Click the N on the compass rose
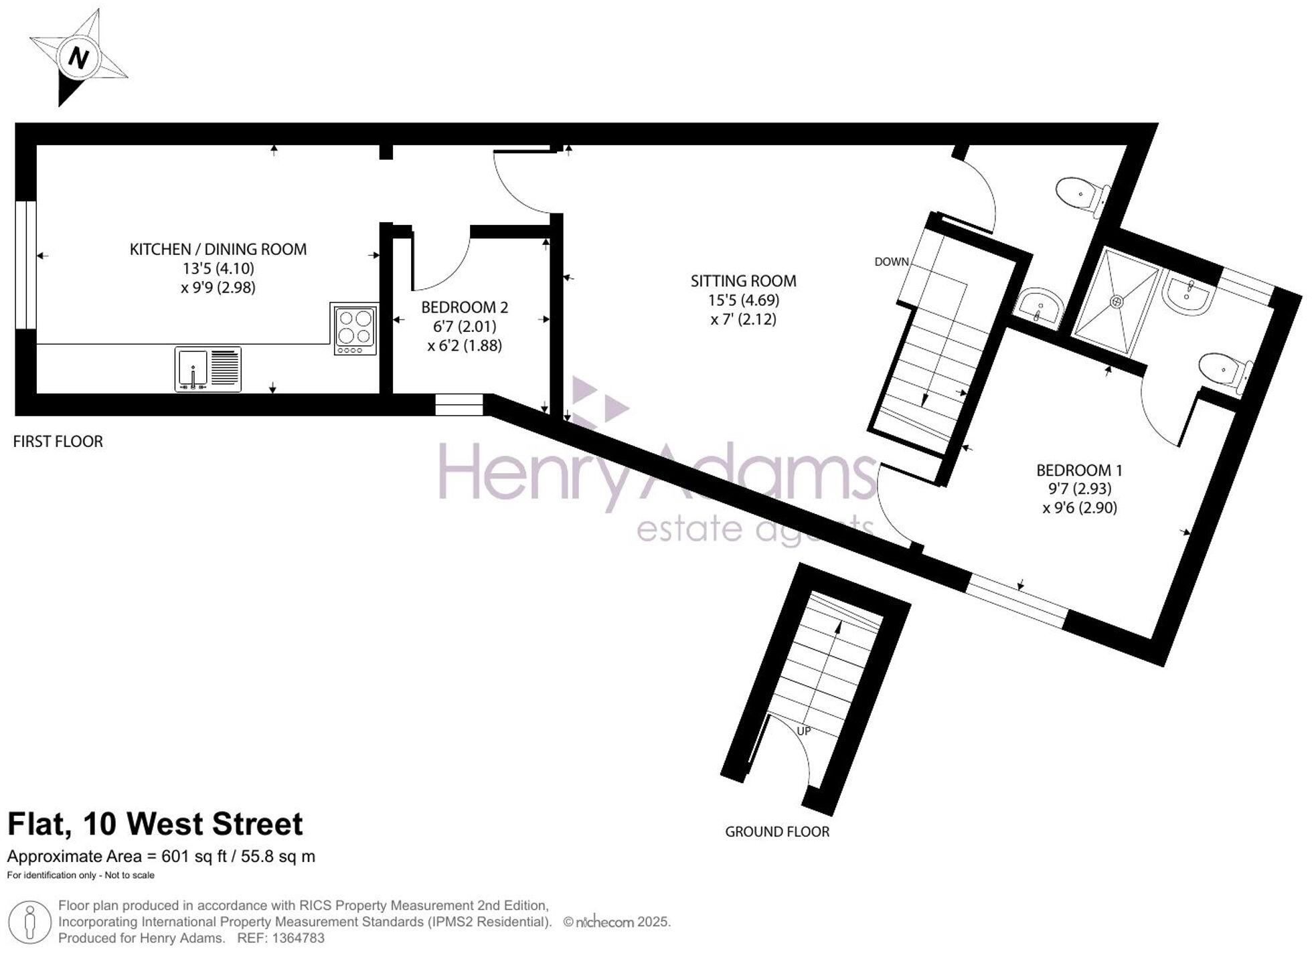[79, 58]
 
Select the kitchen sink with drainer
[208, 369]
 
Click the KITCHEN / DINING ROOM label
[218, 250]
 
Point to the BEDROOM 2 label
[465, 308]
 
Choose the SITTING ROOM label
[743, 281]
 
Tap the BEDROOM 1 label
[1079, 470]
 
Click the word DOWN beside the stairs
[891, 262]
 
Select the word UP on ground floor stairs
[803, 731]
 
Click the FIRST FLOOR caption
[58, 442]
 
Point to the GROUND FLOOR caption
[777, 832]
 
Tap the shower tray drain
[1116, 302]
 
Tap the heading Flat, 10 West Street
[155, 824]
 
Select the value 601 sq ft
[192, 857]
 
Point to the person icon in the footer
[29, 922]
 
